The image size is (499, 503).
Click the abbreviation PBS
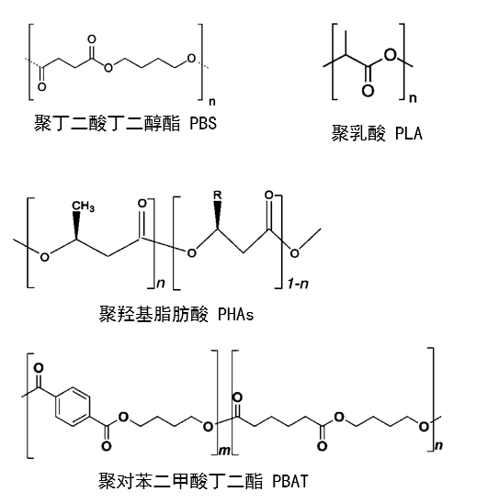point(203,124)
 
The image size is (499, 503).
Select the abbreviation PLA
point(408,133)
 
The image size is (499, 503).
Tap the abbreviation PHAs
point(235,314)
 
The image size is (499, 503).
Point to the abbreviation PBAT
point(290,481)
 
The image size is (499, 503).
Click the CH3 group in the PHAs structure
point(83,206)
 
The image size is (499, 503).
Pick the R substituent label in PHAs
point(218,195)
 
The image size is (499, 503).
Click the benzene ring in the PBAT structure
point(73,408)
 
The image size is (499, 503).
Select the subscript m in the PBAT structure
point(224,451)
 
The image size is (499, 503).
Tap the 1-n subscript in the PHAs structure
point(298,284)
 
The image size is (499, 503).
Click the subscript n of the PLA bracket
point(413,98)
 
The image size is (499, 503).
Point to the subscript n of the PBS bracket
point(212,102)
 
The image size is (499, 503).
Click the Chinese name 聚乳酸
point(358,133)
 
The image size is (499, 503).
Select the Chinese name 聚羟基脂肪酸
point(153,314)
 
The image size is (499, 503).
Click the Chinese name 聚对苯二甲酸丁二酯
point(180,481)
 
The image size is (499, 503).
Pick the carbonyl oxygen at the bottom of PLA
point(368,91)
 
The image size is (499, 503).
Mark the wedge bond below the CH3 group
point(76,225)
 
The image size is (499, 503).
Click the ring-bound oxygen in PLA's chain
point(391,54)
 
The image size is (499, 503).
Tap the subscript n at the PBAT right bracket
point(438,445)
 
